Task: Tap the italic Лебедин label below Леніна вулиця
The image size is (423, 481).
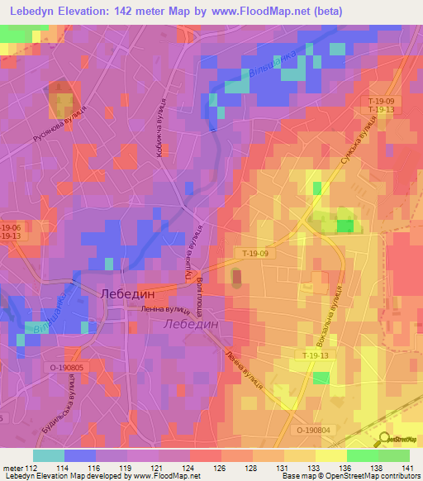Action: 191,325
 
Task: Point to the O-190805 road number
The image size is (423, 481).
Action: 66,367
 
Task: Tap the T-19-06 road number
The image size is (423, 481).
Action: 10,227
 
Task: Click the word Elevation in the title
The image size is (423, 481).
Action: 84,12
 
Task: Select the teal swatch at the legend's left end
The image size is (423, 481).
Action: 49,455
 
